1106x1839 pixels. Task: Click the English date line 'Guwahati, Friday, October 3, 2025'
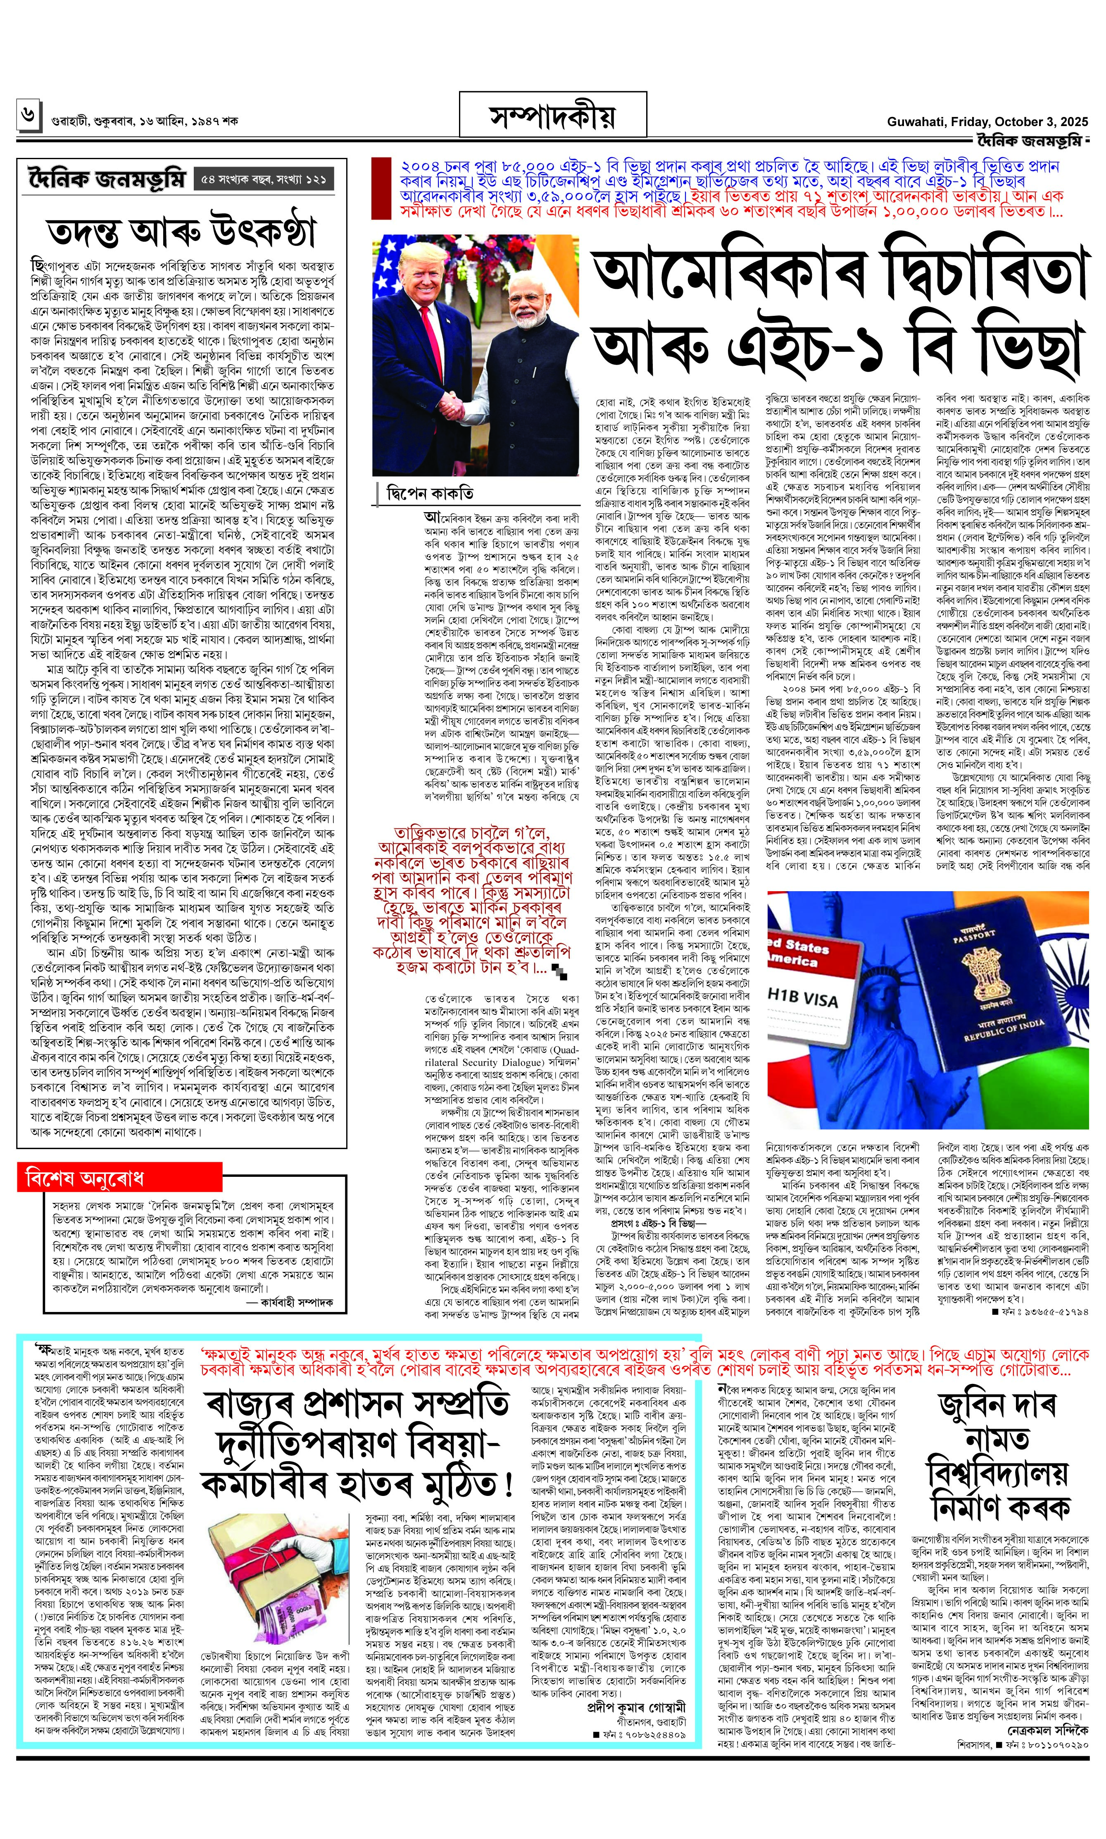click(x=987, y=122)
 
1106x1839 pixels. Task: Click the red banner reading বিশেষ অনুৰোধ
click(x=120, y=1178)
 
